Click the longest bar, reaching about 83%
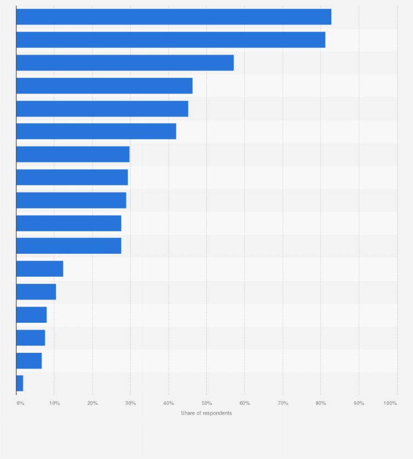coord(174,16)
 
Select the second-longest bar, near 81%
coord(171,40)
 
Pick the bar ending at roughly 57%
coord(125,63)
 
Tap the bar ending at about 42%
coord(96,131)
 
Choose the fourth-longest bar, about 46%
coord(105,86)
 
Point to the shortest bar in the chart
coord(20,383)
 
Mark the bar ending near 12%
coord(39,269)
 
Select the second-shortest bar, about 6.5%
coord(29,361)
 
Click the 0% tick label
coord(20,403)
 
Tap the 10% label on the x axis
coord(55,403)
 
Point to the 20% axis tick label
coord(93,403)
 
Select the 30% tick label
coord(131,403)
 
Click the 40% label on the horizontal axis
coord(169,403)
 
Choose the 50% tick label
coord(206,403)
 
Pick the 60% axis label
coord(245,403)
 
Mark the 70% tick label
coord(283,403)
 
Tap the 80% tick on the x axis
coord(321,403)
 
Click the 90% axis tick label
coord(359,403)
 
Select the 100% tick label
coord(390,403)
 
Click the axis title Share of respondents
coord(206,413)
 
